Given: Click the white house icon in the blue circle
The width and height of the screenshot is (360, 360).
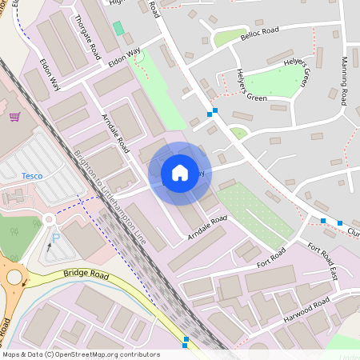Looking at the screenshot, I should (180, 172).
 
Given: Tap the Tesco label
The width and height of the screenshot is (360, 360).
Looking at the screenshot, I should (32, 175).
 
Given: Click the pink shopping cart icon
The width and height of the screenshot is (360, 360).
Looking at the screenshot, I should (14, 117).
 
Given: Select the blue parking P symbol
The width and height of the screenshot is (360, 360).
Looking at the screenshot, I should (56, 238).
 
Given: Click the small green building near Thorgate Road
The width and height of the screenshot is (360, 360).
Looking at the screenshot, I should (118, 29).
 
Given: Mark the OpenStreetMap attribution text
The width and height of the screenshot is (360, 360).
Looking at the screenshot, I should (81, 354).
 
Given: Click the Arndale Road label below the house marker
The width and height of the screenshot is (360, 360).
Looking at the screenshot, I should (208, 227).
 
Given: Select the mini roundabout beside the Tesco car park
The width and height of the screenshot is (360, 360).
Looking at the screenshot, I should (49, 218).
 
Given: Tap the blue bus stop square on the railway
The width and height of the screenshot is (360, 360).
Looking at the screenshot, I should (186, 341).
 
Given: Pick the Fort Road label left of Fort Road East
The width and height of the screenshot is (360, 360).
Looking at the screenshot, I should (271, 258).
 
